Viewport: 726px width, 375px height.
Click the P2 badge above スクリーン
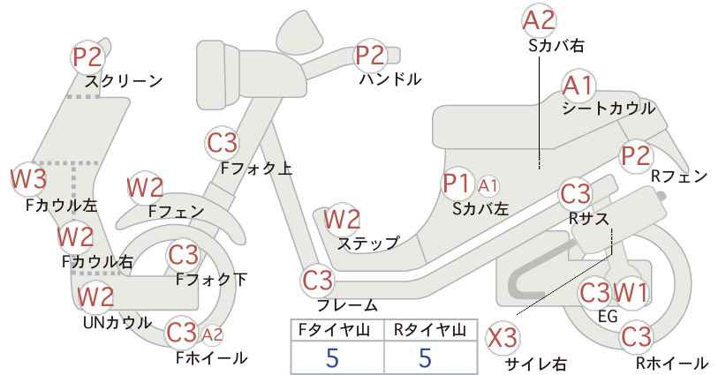[87, 56]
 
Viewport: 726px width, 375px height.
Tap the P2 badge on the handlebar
[369, 56]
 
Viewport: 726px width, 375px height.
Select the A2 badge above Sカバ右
[539, 21]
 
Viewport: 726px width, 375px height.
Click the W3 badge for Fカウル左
[29, 178]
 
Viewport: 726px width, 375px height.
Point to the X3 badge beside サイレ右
[503, 338]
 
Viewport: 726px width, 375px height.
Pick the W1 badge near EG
[631, 292]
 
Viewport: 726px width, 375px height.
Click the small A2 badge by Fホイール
[213, 334]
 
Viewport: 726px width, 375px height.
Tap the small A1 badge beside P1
[488, 186]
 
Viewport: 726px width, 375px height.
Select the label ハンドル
[390, 79]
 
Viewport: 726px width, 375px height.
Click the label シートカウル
[609, 109]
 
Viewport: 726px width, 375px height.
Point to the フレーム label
[347, 304]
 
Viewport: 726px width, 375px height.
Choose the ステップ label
[367, 243]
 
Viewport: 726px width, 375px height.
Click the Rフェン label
[679, 176]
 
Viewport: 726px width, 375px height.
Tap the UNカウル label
[117, 322]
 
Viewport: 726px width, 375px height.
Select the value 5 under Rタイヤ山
[425, 357]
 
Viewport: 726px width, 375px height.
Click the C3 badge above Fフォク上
[223, 143]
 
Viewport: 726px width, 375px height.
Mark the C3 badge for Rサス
[575, 194]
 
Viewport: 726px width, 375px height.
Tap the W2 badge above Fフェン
[145, 188]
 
